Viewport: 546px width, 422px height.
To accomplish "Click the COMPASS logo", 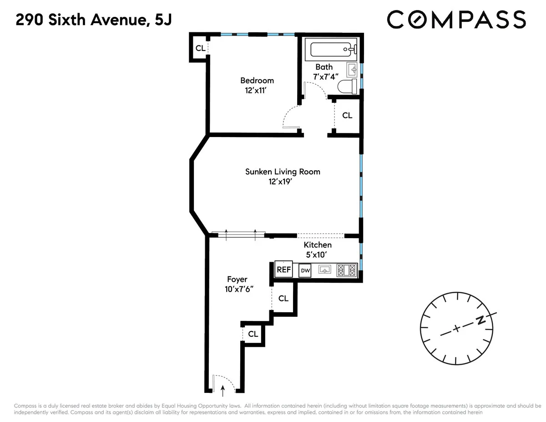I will click(x=456, y=20).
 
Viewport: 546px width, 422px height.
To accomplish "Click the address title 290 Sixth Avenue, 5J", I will click(x=94, y=20).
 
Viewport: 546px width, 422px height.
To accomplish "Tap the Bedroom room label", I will click(x=257, y=81).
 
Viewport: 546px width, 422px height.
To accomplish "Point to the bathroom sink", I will click(x=353, y=70).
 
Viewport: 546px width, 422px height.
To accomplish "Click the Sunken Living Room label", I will click(x=283, y=172).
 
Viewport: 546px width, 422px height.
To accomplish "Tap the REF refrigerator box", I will click(x=283, y=269).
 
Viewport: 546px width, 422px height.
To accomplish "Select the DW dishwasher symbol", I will click(x=305, y=270).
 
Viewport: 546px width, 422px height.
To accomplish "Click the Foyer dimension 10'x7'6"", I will click(x=237, y=289).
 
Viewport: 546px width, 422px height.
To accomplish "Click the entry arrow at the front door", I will click(x=222, y=388).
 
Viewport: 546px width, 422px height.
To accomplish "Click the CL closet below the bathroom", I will click(x=347, y=116).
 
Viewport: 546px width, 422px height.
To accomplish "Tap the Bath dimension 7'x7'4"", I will click(x=324, y=76).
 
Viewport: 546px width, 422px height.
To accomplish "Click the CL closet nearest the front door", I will click(x=253, y=334).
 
